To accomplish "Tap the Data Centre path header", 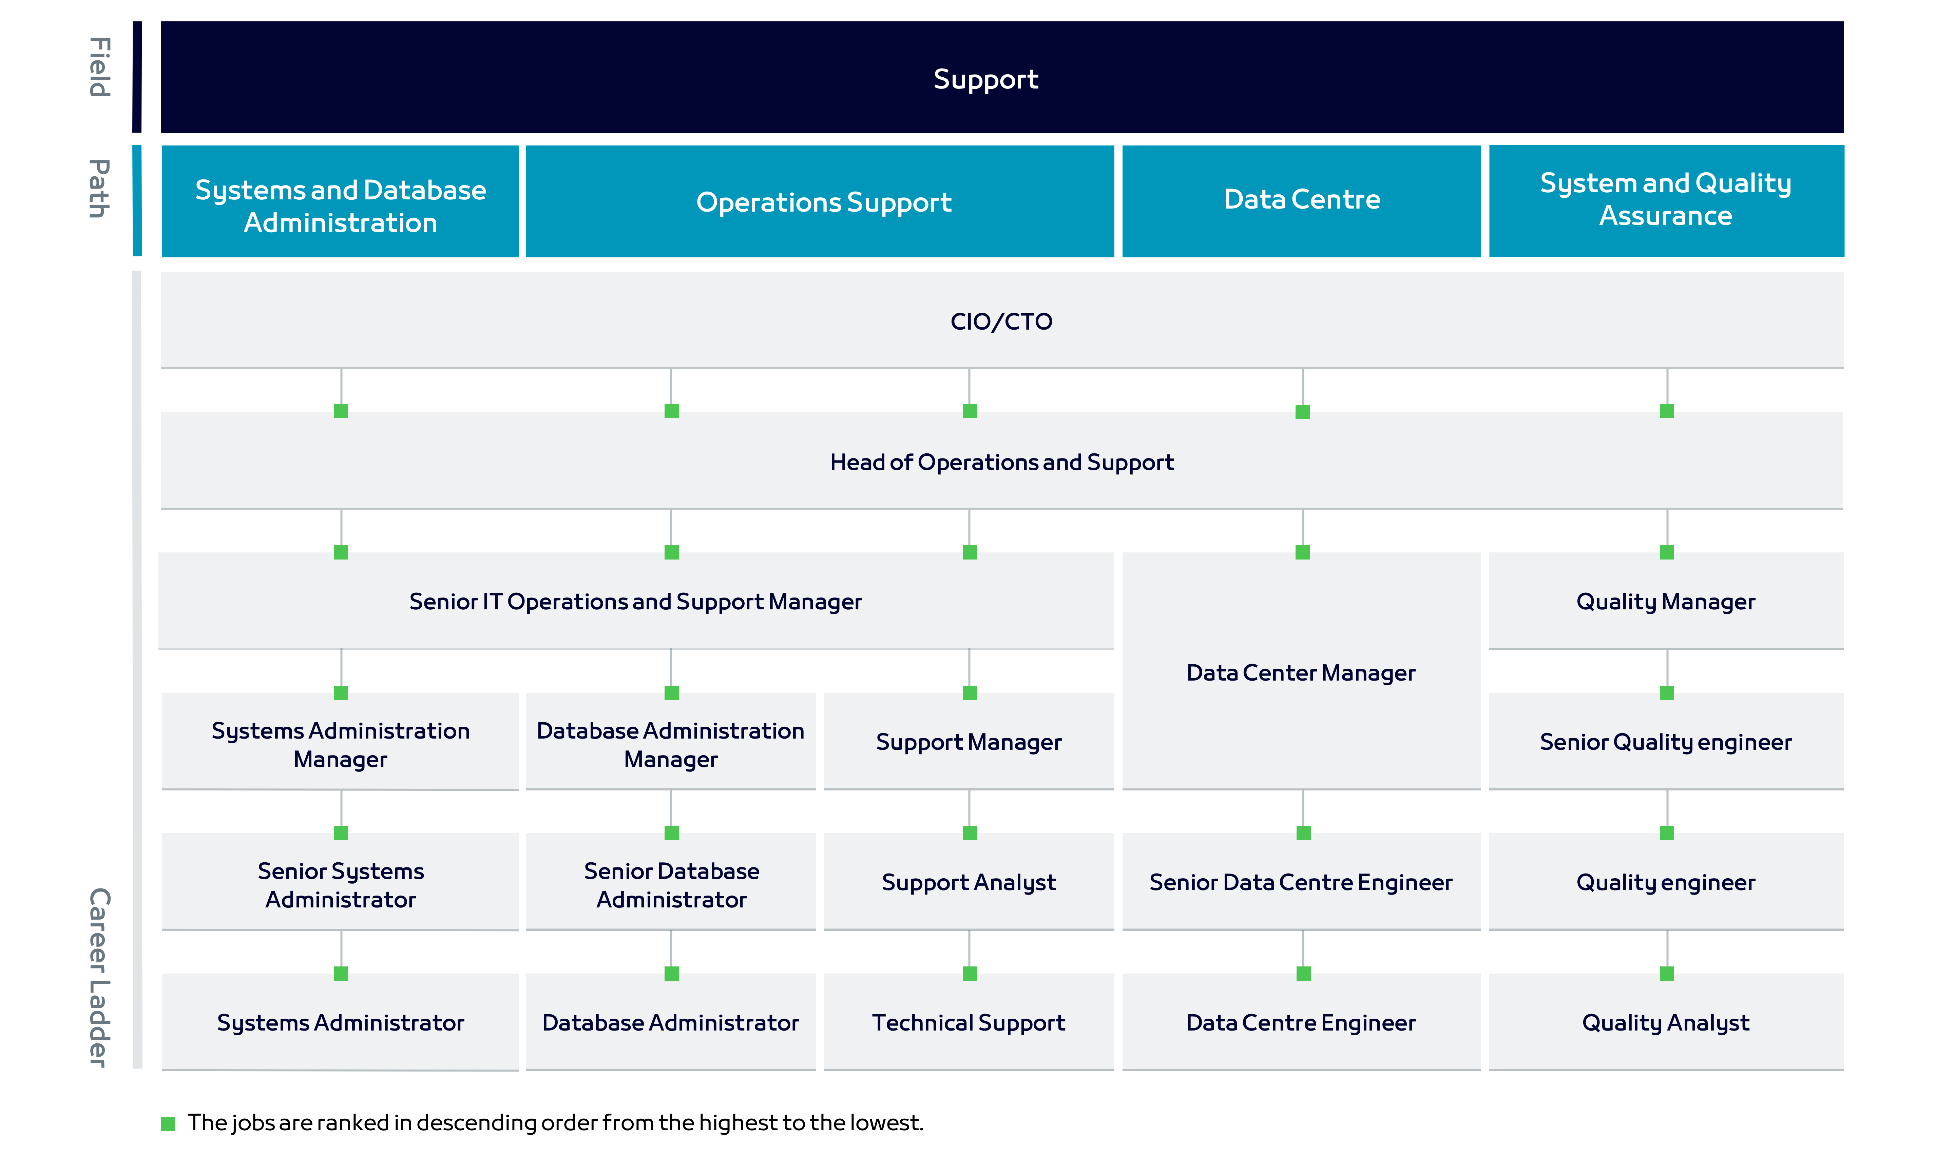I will click(1302, 200).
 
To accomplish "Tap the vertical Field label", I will click(99, 67).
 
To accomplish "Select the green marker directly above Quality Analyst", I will click(1666, 973).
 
